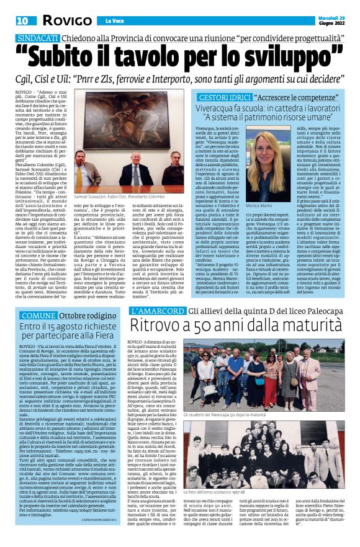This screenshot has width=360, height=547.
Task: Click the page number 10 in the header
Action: pos(23,20)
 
